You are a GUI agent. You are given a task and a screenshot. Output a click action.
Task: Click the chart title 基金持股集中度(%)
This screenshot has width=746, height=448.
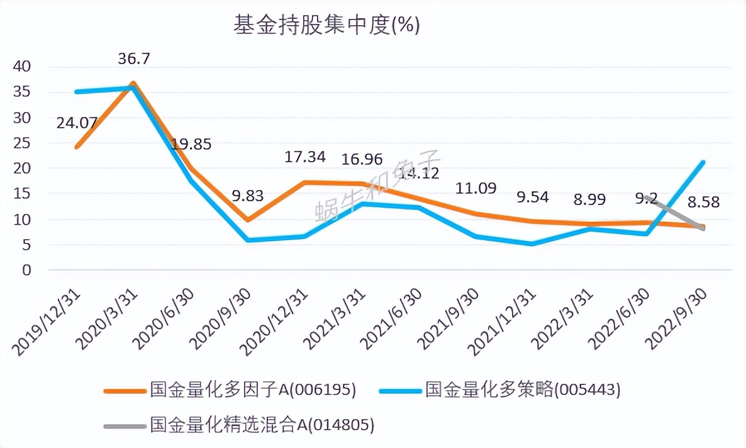[x=326, y=26]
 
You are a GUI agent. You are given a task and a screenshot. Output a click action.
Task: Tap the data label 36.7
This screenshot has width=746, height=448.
[x=135, y=59]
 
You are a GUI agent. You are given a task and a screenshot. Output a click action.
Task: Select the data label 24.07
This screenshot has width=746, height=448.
[x=77, y=123]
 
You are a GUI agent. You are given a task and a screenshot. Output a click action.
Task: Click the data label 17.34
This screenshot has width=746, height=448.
[x=305, y=157]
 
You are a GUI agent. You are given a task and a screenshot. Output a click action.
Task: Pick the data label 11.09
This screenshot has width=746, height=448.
[x=476, y=188]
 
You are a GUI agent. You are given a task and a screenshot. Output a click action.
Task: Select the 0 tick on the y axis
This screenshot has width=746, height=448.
[x=26, y=270]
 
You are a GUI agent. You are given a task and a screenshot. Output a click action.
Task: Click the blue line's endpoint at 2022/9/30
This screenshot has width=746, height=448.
[x=703, y=162]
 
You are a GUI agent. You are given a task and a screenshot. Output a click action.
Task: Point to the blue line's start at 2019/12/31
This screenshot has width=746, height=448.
[x=76, y=92]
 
